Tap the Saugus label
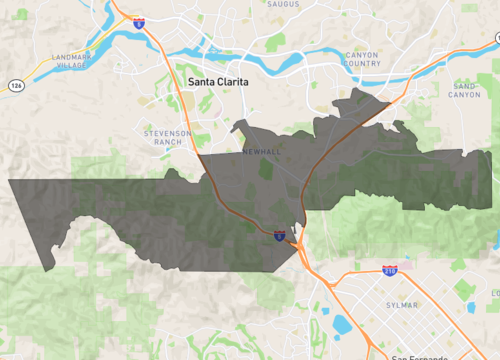(285, 4)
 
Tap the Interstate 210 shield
(390, 270)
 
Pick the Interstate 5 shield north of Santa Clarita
(138, 20)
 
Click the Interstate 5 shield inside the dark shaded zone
(279, 236)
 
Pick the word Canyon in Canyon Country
(362, 55)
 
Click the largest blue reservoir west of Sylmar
(342, 324)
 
